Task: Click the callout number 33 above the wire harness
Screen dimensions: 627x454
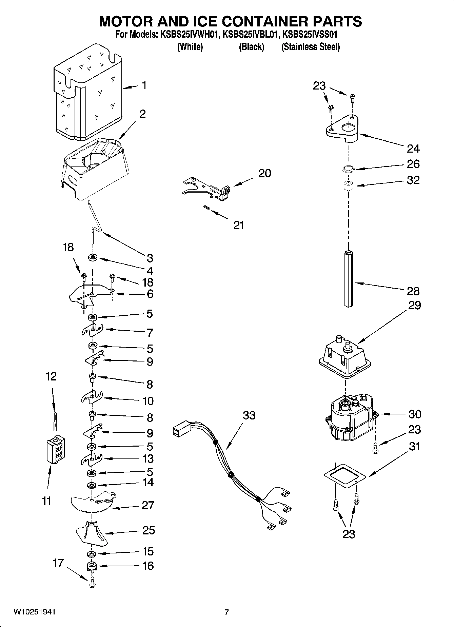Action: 249,415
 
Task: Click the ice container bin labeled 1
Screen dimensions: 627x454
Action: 88,93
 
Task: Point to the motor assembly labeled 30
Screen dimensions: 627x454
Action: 351,417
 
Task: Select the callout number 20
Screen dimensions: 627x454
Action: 264,173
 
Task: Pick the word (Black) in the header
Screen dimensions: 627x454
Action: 251,47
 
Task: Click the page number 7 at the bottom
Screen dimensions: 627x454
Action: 226,612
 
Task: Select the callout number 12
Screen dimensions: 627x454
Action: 51,376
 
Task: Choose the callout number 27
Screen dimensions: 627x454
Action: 148,505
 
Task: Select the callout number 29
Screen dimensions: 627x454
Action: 415,305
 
